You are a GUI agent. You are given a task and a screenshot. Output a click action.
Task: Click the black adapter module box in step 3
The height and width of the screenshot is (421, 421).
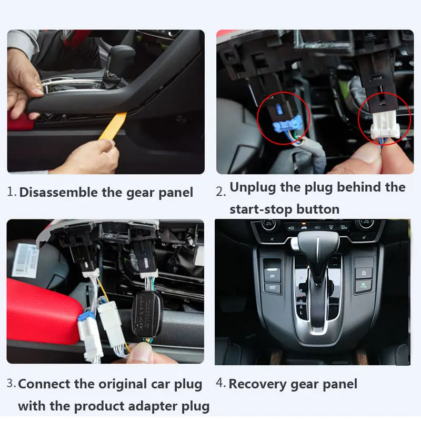click(x=147, y=314)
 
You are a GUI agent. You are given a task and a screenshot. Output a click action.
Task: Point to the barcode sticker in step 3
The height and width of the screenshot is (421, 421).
click(x=25, y=260)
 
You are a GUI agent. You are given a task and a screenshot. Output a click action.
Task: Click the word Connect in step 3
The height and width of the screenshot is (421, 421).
click(x=44, y=384)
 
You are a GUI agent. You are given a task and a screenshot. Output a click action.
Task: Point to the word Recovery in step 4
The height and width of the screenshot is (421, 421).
click(x=258, y=385)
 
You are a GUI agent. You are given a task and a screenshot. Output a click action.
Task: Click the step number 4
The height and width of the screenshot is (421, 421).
click(x=220, y=383)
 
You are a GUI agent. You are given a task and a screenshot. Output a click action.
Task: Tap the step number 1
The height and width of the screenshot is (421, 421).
click(x=12, y=192)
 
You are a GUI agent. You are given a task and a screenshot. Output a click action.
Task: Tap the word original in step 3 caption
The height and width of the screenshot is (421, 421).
click(x=123, y=385)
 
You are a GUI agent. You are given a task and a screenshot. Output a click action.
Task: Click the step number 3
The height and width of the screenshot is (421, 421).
click(x=11, y=383)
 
